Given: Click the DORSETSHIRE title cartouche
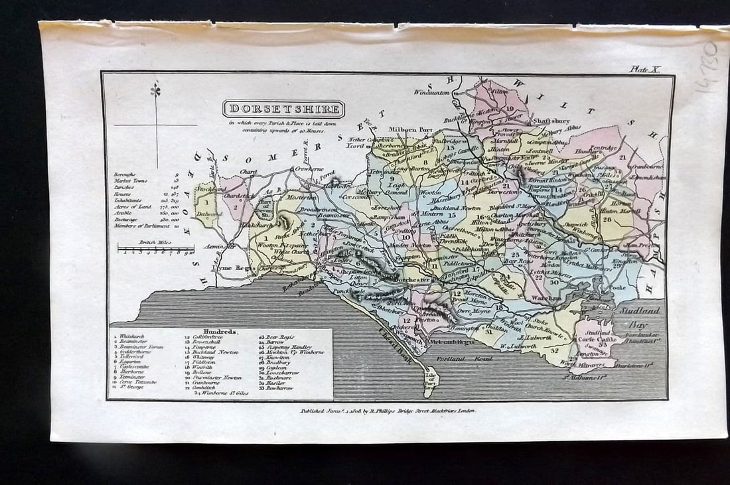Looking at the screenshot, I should (x=283, y=109).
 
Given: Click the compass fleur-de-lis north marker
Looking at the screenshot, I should (x=157, y=90).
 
